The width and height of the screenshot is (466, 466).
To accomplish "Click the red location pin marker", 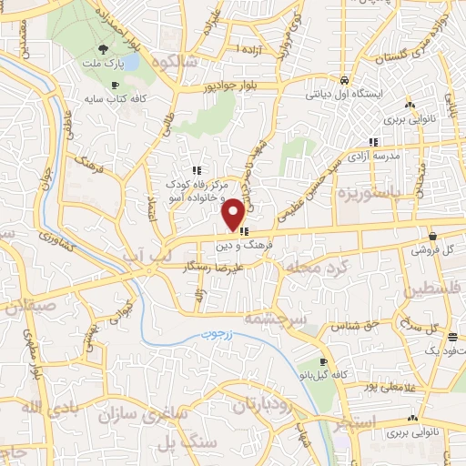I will (x=233, y=214).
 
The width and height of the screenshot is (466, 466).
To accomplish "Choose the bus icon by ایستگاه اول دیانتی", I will (x=342, y=79).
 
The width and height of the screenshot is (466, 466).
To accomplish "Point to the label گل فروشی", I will (x=431, y=248).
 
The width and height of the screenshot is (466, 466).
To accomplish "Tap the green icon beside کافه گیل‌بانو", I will (x=300, y=373).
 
